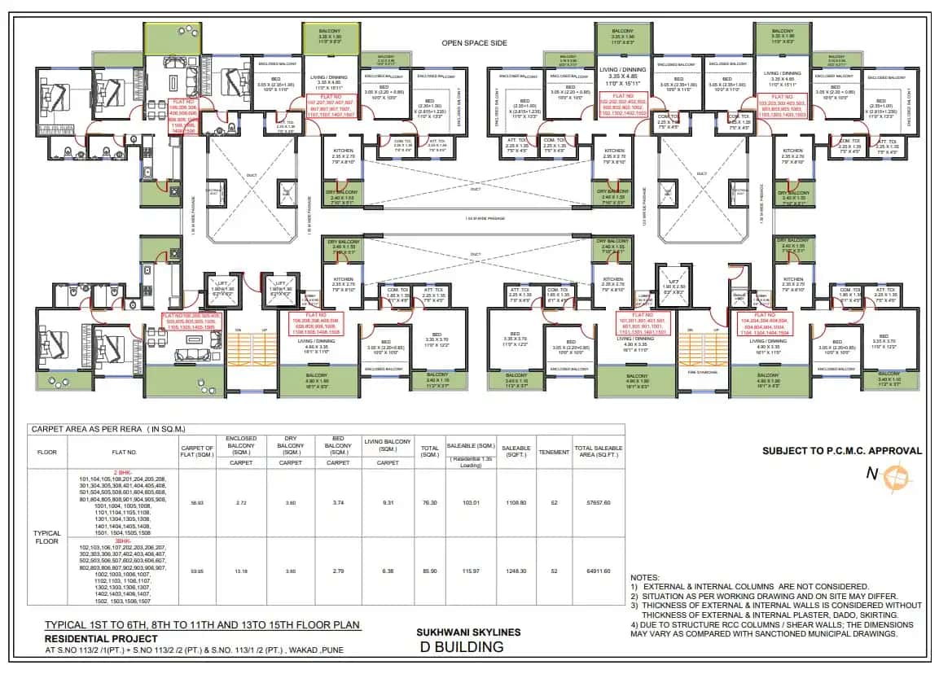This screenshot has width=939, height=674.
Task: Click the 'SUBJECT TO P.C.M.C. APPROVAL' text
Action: click(x=842, y=450)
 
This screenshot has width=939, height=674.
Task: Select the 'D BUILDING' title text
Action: click(x=461, y=647)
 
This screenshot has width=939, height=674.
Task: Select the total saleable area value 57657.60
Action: click(x=599, y=502)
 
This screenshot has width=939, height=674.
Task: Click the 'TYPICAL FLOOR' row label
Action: click(x=47, y=537)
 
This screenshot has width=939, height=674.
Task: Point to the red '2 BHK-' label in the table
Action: click(x=123, y=472)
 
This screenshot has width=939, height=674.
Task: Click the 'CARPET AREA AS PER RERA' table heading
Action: click(x=108, y=428)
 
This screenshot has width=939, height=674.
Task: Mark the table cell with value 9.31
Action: click(x=385, y=502)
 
